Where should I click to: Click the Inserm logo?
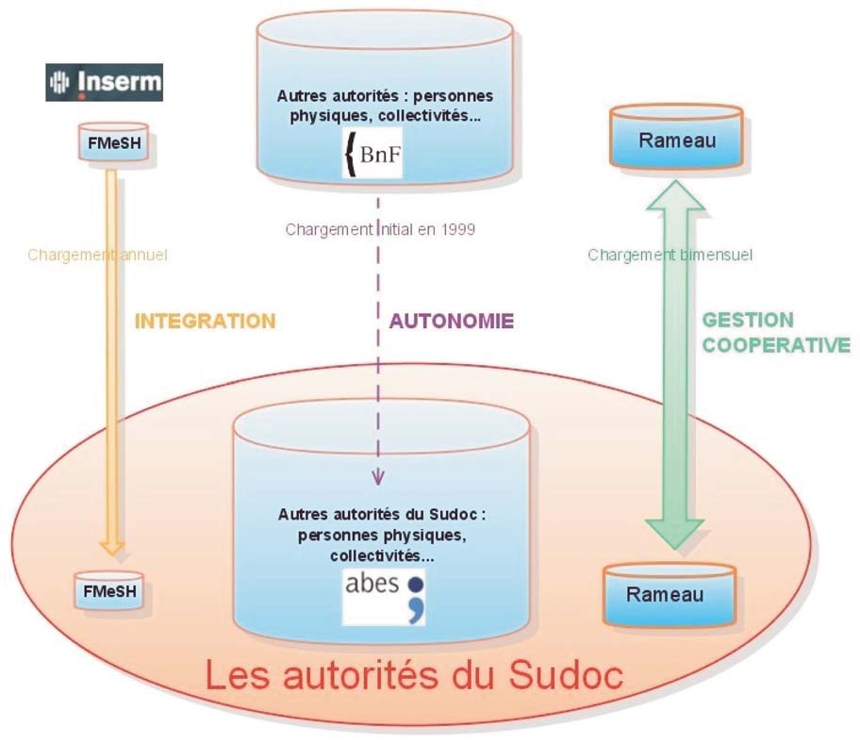105,82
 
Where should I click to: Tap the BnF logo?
372,153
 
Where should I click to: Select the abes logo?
384,598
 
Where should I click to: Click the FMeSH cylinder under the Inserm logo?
114,142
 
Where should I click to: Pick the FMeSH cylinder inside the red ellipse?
109,591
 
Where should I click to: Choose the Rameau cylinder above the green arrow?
677,136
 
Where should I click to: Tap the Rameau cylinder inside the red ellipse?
670,594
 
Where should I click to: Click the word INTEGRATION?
206,321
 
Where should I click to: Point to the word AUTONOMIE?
452,321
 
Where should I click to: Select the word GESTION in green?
748,320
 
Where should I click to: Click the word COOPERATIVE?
776,345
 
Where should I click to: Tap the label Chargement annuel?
97,255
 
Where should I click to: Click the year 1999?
457,229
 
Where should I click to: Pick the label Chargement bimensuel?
670,255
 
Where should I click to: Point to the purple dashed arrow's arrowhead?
378,478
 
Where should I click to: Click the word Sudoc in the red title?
566,674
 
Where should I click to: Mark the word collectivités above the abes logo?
382,556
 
